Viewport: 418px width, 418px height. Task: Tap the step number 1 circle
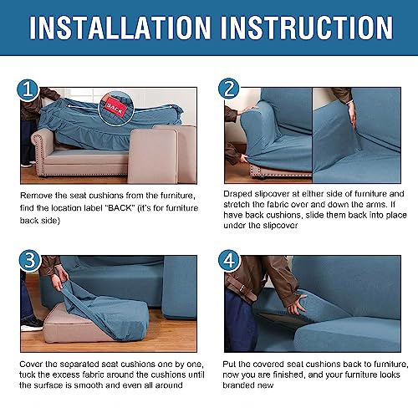tap(29, 89)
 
